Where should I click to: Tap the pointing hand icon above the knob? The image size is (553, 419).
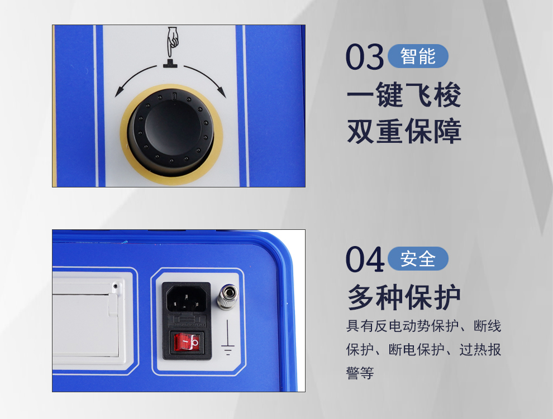click(173, 41)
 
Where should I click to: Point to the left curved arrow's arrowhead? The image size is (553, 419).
click(118, 92)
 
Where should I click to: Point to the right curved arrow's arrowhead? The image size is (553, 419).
click(221, 92)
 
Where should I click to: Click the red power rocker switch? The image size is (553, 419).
click(187, 342)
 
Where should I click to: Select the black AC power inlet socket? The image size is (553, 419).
click(186, 298)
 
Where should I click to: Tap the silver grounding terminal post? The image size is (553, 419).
click(227, 297)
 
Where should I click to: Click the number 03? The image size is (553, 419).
click(364, 57)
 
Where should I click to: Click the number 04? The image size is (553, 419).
click(364, 259)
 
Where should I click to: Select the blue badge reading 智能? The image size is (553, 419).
click(418, 56)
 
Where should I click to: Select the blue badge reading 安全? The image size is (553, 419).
click(418, 258)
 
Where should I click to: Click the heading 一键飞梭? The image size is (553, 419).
click(404, 94)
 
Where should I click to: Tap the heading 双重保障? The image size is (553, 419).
click(404, 131)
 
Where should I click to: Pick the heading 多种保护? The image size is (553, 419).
click(404, 297)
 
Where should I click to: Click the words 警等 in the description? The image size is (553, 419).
click(360, 373)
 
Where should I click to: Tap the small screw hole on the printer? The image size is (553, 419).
click(115, 286)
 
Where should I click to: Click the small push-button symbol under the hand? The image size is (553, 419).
click(171, 63)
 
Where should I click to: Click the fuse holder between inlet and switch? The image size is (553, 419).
click(187, 320)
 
